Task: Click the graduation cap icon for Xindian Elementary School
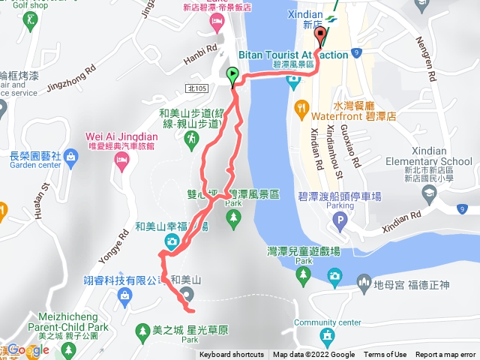pyautogui.click(x=429, y=193)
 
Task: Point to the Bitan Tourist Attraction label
pyautogui.click(x=292, y=55)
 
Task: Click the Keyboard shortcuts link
pyautogui.click(x=231, y=355)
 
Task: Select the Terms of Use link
pyautogui.click(x=385, y=355)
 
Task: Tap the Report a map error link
pyautogui.click(x=445, y=355)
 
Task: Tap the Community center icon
pyautogui.click(x=327, y=334)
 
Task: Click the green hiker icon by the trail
pyautogui.click(x=192, y=139)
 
